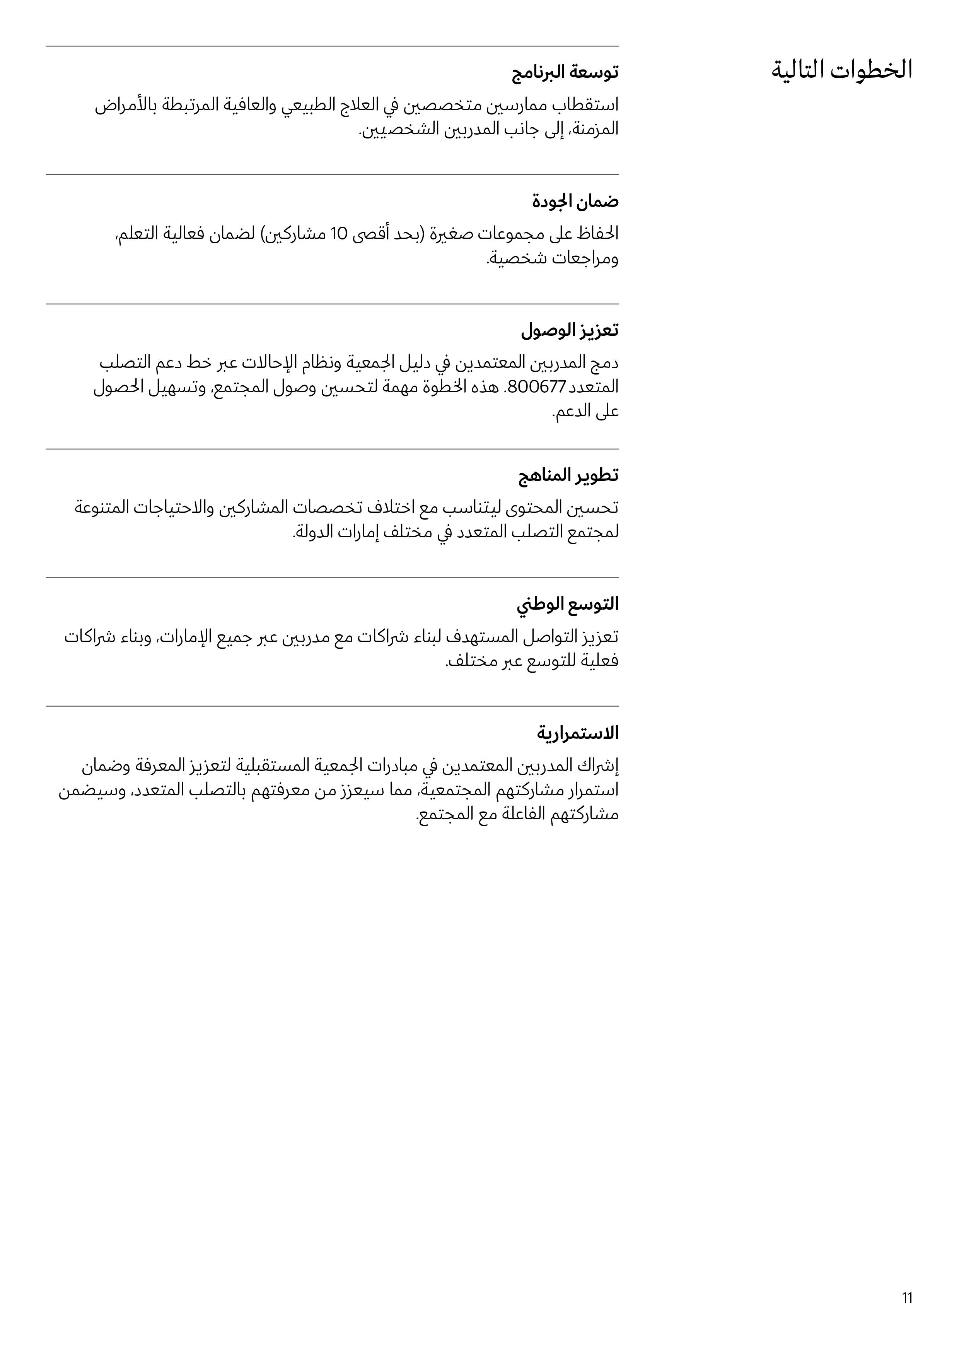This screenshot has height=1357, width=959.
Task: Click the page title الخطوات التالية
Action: click(841, 70)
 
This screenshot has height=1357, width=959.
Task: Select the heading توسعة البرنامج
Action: click(565, 73)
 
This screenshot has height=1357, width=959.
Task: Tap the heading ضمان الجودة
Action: click(575, 202)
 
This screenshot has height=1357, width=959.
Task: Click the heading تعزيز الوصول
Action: click(570, 330)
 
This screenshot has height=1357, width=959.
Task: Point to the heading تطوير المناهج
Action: click(568, 475)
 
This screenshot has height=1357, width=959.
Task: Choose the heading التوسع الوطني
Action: click(568, 604)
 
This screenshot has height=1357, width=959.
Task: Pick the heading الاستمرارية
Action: click(577, 733)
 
